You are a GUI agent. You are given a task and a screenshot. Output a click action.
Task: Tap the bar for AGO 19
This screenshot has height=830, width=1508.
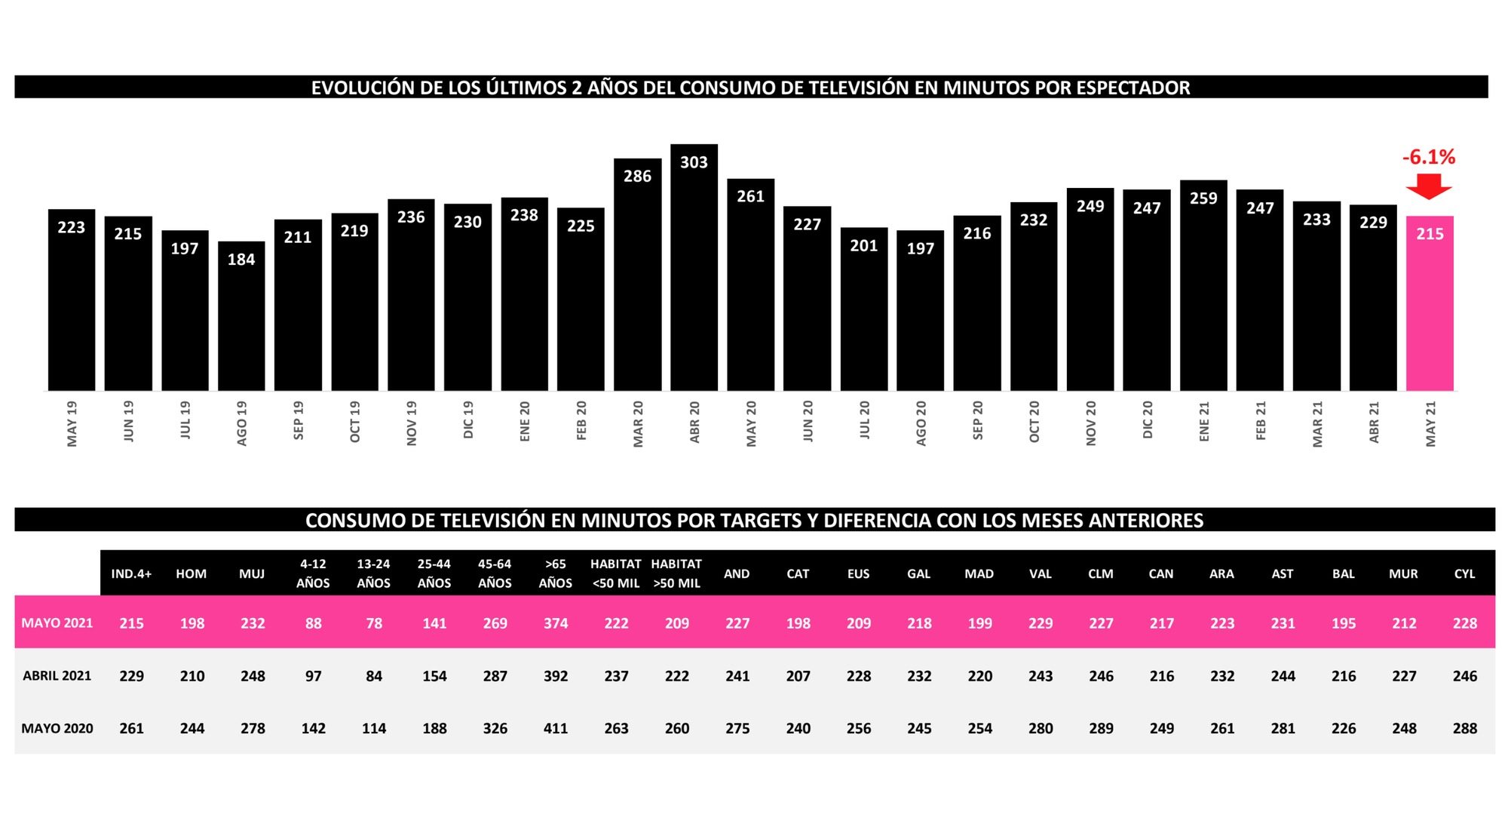pyautogui.click(x=241, y=316)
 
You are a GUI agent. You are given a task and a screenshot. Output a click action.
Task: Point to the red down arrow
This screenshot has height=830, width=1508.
pyautogui.click(x=1428, y=186)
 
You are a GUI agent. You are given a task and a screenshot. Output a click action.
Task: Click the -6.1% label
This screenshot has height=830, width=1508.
pyautogui.click(x=1428, y=157)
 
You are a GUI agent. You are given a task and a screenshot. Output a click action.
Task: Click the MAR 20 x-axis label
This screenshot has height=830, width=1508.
pyautogui.click(x=638, y=423)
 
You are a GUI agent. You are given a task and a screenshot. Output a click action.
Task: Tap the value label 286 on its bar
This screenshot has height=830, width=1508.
pyautogui.click(x=637, y=177)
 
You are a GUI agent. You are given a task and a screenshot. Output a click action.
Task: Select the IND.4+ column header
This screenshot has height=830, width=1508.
pyautogui.click(x=131, y=574)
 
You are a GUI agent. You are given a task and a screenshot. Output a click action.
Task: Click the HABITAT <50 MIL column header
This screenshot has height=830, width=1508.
pyautogui.click(x=616, y=573)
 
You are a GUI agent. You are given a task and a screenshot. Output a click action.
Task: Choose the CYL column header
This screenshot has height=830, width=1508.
pyautogui.click(x=1464, y=574)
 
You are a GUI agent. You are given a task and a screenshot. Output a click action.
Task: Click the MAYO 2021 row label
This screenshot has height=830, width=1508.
pyautogui.click(x=57, y=623)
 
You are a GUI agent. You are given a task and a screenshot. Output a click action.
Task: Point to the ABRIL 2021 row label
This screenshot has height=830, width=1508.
pyautogui.click(x=57, y=676)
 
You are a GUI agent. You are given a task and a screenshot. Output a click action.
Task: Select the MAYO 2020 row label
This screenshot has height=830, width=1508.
pyautogui.click(x=57, y=729)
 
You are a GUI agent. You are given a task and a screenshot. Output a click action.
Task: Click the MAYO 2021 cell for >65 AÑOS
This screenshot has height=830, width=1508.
pyautogui.click(x=556, y=624)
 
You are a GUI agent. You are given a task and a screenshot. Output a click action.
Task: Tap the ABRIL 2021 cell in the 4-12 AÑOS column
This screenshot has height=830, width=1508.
pyautogui.click(x=313, y=677)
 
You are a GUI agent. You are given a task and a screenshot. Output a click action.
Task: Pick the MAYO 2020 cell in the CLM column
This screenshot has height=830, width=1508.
pyautogui.click(x=1101, y=729)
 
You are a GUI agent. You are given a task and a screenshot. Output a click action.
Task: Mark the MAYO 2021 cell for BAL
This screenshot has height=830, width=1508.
pyautogui.click(x=1343, y=624)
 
